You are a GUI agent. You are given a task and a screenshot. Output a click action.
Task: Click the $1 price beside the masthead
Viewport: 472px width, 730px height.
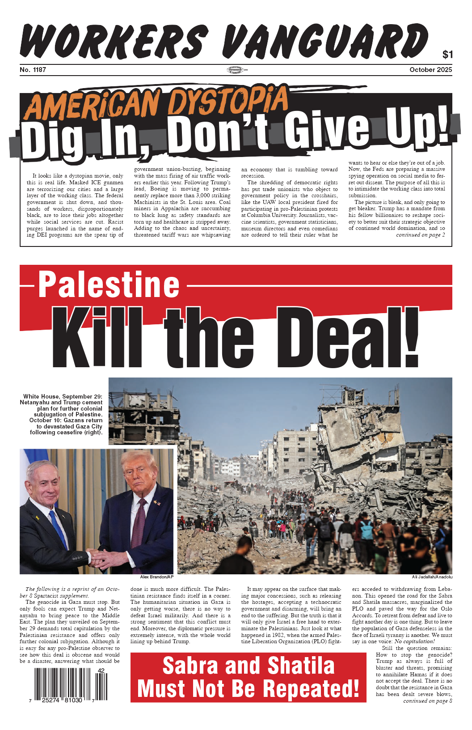click(x=447, y=55)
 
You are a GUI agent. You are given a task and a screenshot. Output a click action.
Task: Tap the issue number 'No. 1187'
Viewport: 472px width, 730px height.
click(x=33, y=70)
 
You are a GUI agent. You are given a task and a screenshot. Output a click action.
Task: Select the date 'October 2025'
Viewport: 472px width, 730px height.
click(x=430, y=70)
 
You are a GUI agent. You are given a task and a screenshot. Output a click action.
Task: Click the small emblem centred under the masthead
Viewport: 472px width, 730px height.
click(x=237, y=70)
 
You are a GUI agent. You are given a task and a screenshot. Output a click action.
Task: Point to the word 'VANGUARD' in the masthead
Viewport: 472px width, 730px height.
click(x=325, y=41)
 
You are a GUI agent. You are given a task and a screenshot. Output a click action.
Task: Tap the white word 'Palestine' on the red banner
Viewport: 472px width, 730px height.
click(x=109, y=284)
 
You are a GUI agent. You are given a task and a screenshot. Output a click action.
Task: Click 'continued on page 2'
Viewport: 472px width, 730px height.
click(x=420, y=235)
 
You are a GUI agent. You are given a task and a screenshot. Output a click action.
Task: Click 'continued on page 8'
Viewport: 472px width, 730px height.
click(x=427, y=701)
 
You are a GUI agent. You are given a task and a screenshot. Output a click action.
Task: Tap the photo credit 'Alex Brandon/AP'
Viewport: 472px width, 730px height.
click(x=156, y=577)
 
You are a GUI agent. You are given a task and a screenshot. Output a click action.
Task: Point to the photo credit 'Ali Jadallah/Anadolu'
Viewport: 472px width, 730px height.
click(x=432, y=577)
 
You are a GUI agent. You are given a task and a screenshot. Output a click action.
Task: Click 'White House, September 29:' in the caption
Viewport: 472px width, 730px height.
click(x=63, y=396)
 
